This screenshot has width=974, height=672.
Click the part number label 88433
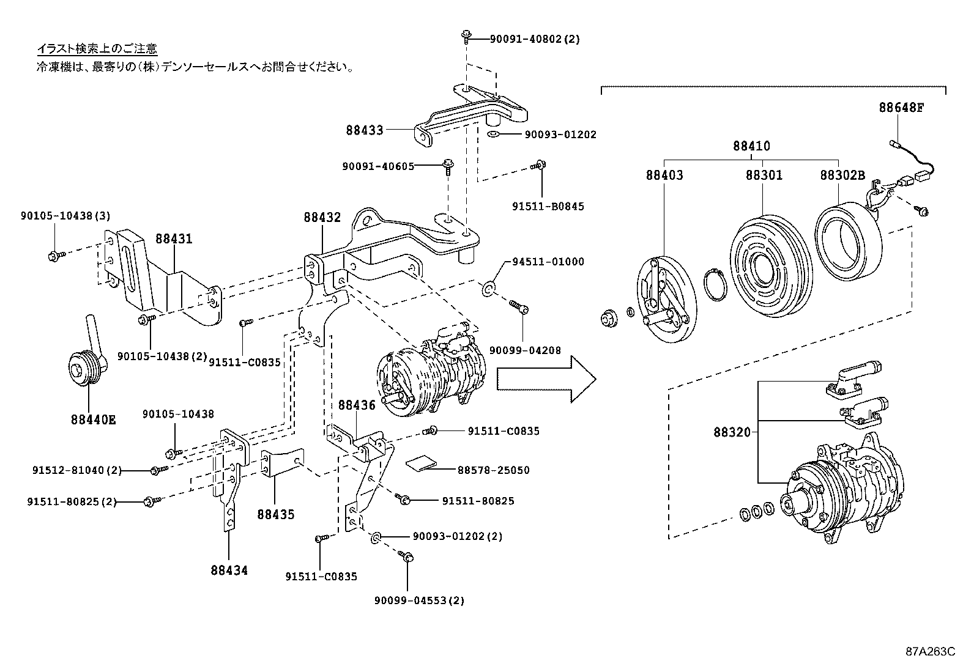pyautogui.click(x=364, y=130)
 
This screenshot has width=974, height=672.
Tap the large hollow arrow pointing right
pyautogui.click(x=546, y=380)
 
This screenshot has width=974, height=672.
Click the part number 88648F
pyautogui.click(x=901, y=108)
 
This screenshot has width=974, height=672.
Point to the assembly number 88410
pyautogui.click(x=752, y=146)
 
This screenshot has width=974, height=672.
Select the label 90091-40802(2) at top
pyautogui.click(x=534, y=39)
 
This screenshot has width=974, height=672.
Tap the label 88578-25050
pyautogui.click(x=493, y=470)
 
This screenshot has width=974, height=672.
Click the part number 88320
pyautogui.click(x=731, y=432)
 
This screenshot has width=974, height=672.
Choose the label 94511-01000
pyautogui.click(x=548, y=262)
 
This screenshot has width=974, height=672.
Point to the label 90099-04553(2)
pyautogui.click(x=419, y=600)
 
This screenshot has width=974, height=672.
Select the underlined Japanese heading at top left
pyautogui.click(x=97, y=48)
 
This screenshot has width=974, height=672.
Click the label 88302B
pyautogui.click(x=842, y=175)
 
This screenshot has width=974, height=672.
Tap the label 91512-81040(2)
pyautogui.click(x=76, y=470)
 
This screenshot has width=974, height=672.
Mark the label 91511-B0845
pyautogui.click(x=548, y=206)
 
